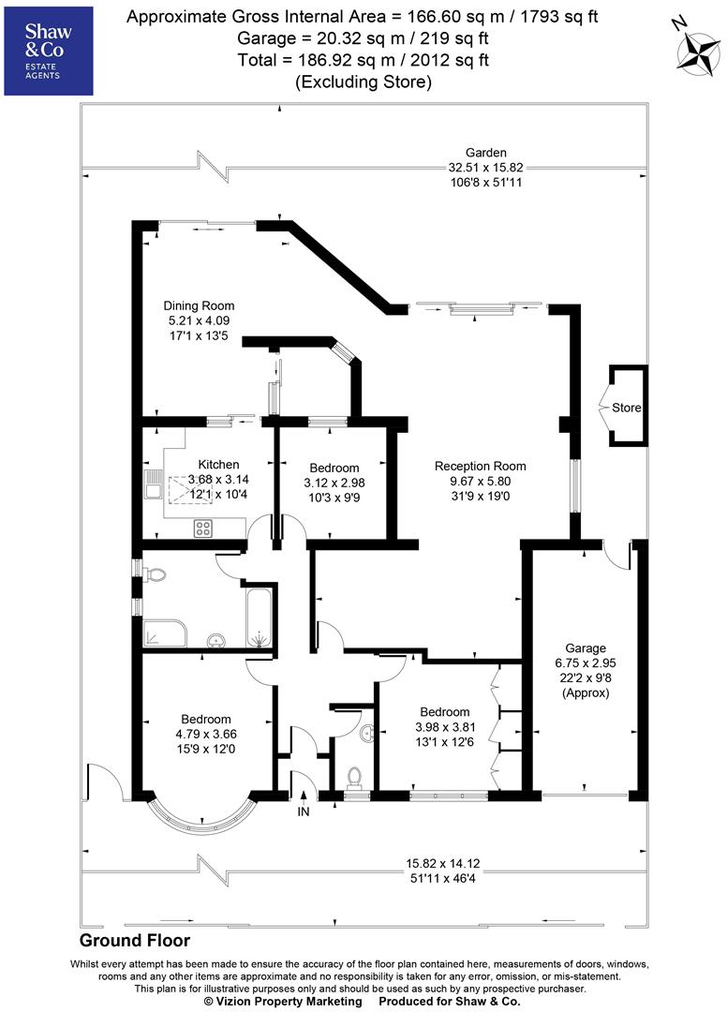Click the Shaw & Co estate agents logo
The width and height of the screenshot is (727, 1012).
tap(49, 50)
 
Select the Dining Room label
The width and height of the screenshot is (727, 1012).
tap(199, 305)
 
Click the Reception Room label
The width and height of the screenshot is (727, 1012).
tap(481, 466)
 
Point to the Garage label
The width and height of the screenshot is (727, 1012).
tap(586, 647)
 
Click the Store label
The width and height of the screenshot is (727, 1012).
tap(627, 409)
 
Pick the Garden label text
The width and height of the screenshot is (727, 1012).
tap(486, 153)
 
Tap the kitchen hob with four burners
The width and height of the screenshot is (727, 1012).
tap(202, 528)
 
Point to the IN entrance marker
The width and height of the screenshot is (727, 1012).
tap(303, 811)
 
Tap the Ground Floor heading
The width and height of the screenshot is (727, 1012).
tap(135, 941)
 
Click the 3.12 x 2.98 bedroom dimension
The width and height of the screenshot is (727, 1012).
tap(334, 484)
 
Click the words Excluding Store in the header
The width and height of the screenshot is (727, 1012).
tap(363, 82)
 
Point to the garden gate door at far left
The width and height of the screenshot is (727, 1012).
tap(105, 785)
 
